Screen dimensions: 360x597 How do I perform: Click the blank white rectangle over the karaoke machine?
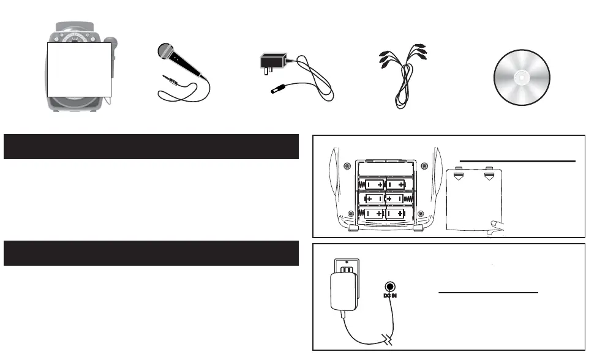coord(79,69)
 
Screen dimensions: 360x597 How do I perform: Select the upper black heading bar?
coord(151,146)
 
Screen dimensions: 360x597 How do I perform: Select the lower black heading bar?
coord(151,253)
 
